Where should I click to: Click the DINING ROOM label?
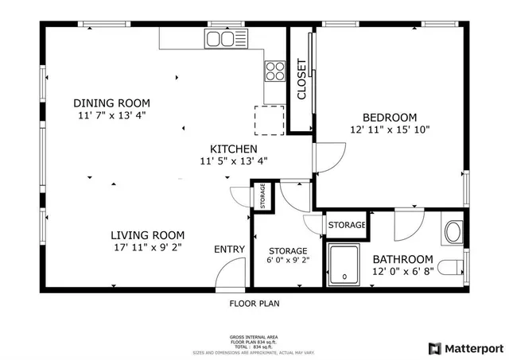point(111,103)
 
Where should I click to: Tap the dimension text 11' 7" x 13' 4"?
point(111,114)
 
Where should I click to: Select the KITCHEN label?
point(233,149)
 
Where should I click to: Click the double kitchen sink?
point(220,38)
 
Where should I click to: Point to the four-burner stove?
point(274,71)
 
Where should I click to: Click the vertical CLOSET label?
point(301,79)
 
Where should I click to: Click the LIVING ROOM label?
point(147,235)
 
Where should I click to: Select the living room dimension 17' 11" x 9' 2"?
point(147,247)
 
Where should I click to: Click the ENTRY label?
point(229,250)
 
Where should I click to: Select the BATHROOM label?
point(403,259)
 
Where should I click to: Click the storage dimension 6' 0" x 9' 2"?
point(287,260)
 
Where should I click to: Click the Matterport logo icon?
point(434,348)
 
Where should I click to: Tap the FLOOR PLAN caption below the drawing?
point(254,303)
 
